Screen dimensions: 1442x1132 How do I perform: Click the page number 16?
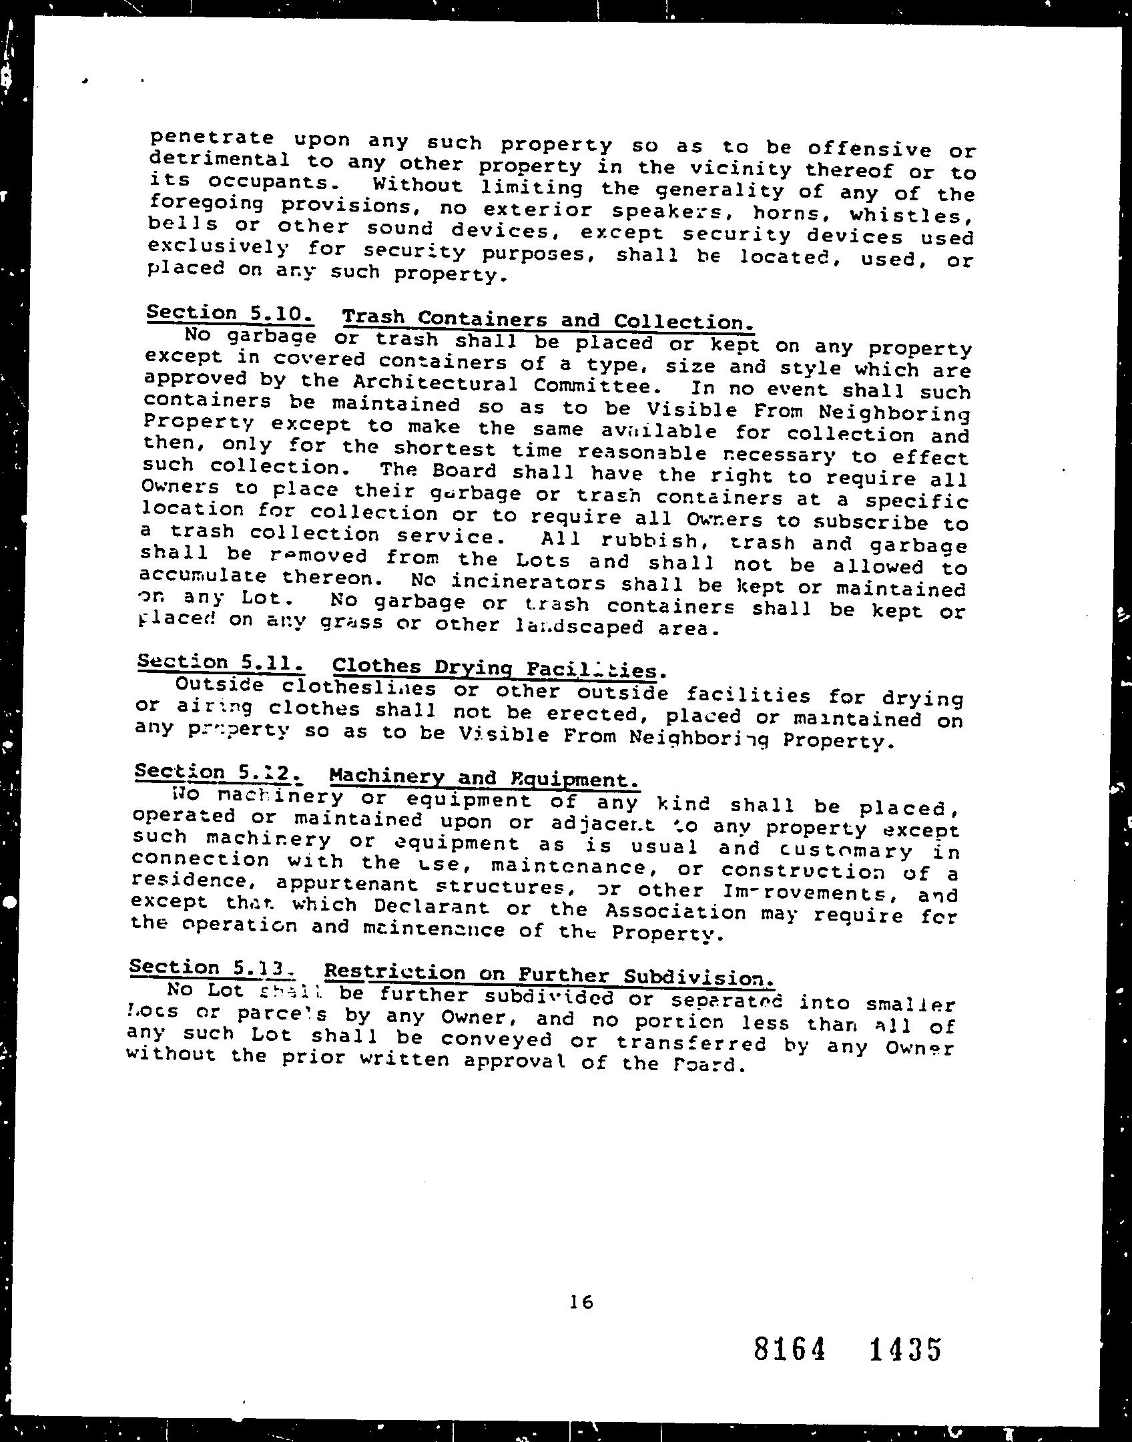coord(581,1301)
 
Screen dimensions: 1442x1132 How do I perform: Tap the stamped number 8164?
coord(790,1349)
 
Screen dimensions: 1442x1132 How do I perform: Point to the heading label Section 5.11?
coord(221,662)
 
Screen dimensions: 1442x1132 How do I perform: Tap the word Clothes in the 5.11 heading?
coord(376,666)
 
